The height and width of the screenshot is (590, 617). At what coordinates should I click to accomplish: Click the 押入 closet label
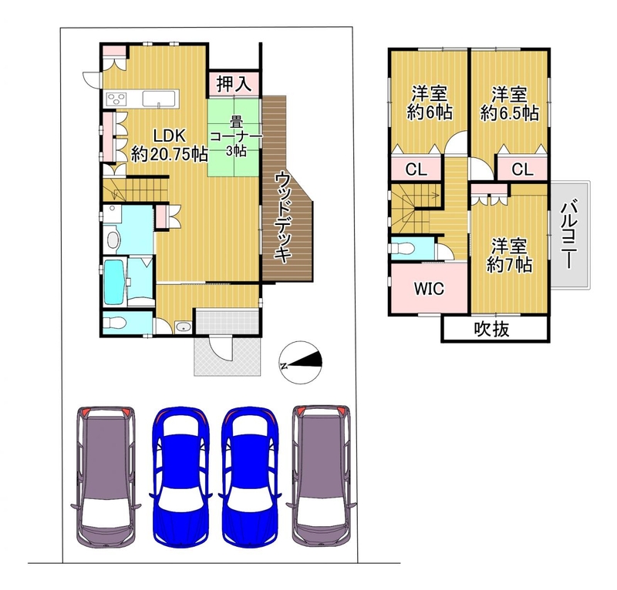[x=234, y=83]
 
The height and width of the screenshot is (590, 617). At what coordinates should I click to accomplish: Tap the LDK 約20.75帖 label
[x=169, y=145]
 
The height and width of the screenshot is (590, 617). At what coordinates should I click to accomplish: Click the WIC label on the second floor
[x=429, y=289]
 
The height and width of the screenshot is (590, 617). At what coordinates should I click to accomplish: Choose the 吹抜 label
[x=491, y=329]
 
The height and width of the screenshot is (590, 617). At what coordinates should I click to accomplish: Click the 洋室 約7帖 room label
[x=509, y=256]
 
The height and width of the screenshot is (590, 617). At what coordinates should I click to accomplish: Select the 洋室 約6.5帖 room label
[x=509, y=104]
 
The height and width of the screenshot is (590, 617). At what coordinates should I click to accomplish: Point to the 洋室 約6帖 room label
[x=430, y=102]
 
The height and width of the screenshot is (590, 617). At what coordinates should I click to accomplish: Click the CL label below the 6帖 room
[x=416, y=169]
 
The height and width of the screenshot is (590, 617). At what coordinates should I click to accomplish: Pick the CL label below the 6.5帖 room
[x=522, y=169]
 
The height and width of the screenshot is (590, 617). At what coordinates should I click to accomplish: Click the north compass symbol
[x=300, y=363]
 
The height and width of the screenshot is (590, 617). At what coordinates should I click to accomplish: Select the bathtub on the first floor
[x=114, y=280]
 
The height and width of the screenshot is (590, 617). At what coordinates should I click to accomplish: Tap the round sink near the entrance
[x=183, y=327]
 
